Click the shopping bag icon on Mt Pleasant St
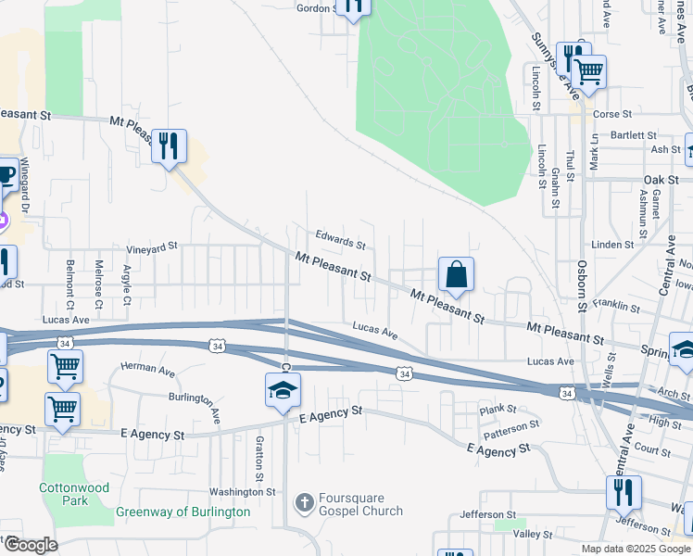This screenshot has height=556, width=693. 456,275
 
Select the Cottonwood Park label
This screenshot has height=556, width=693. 74,494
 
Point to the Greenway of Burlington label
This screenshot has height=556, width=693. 183,512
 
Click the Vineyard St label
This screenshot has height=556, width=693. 151,248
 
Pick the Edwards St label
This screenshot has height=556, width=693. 341,240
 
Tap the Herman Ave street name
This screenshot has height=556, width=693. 147,371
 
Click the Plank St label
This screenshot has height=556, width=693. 498,410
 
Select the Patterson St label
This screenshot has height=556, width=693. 510,425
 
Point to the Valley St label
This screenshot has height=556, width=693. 533,535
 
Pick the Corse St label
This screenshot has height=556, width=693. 611,115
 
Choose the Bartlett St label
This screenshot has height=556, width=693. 608,135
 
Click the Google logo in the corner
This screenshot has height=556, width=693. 31,545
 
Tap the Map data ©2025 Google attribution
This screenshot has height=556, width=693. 636,549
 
